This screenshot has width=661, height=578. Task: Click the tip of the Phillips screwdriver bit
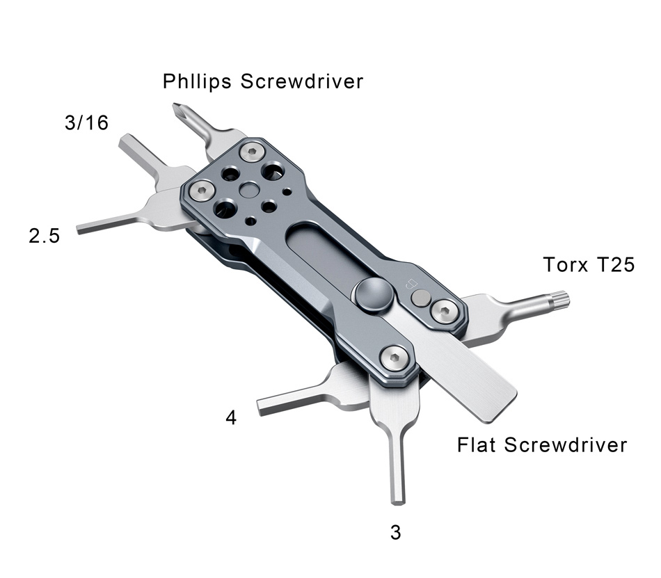tap(177, 108)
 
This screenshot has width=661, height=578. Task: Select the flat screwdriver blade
tap(480, 383)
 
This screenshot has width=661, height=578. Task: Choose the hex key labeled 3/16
tap(139, 153)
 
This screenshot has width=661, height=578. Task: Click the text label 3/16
tap(86, 124)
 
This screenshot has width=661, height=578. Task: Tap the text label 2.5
tap(45, 236)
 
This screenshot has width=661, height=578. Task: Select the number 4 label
tap(231, 418)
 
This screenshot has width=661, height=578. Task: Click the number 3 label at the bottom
tap(396, 533)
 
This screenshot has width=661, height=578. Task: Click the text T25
tap(616, 265)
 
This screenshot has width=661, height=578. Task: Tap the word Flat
tap(477, 444)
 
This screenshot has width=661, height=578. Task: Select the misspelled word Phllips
tap(198, 81)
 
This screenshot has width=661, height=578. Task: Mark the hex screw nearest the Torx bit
tap(443, 310)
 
